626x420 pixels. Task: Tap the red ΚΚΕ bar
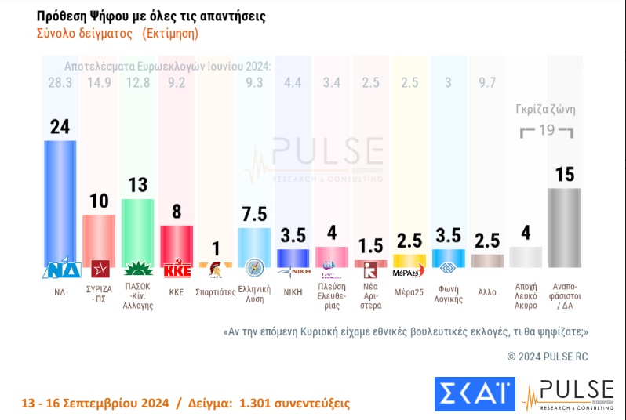[177, 245]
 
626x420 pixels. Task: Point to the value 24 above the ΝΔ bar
[60, 126]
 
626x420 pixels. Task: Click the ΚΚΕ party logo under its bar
[177, 271]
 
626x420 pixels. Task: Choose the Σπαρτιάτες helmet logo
[215, 271]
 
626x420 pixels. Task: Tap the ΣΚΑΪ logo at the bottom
[474, 393]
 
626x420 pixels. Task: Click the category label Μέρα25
[409, 291]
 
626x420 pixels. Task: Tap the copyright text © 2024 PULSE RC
[547, 356]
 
